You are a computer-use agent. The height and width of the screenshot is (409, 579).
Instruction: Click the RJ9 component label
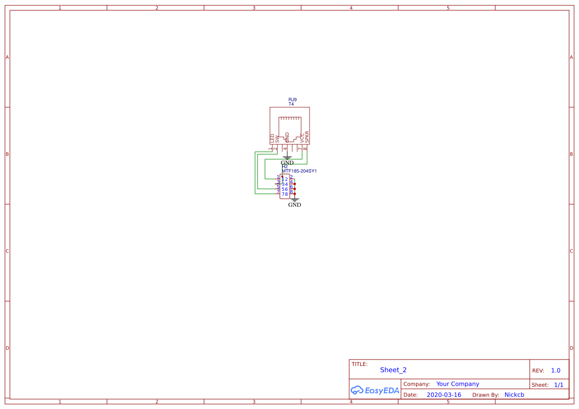click(293, 99)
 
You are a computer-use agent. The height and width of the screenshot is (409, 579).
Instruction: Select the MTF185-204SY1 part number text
click(299, 171)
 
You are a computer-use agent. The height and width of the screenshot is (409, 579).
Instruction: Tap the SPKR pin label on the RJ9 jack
click(307, 136)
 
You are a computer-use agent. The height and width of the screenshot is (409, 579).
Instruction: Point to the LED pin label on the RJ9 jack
click(272, 138)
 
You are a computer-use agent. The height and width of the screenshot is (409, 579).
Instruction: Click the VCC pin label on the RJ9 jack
click(302, 138)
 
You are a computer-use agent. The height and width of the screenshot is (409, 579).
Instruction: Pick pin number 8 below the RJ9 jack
click(305, 148)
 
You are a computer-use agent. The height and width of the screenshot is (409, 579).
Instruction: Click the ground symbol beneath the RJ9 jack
click(287, 158)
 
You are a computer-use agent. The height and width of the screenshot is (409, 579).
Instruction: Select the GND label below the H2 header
click(294, 205)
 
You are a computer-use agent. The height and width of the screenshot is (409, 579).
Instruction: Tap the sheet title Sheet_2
click(393, 370)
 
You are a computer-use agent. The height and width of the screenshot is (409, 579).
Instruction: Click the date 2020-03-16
click(444, 395)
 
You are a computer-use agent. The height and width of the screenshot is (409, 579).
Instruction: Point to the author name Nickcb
click(514, 395)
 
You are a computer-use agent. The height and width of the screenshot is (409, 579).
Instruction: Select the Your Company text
click(458, 384)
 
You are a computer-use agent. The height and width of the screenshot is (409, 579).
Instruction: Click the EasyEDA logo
click(374, 390)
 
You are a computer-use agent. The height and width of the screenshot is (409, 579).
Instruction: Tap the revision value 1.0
click(556, 370)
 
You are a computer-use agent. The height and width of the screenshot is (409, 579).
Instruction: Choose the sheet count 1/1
click(559, 384)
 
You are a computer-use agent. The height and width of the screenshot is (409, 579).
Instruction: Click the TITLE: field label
click(360, 364)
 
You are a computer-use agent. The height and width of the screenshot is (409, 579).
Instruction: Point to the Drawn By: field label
click(485, 395)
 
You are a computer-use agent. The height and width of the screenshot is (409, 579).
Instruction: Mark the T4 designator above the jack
click(291, 104)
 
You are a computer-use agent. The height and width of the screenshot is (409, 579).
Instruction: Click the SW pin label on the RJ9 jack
click(277, 139)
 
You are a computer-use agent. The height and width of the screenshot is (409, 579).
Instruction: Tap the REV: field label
click(538, 370)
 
